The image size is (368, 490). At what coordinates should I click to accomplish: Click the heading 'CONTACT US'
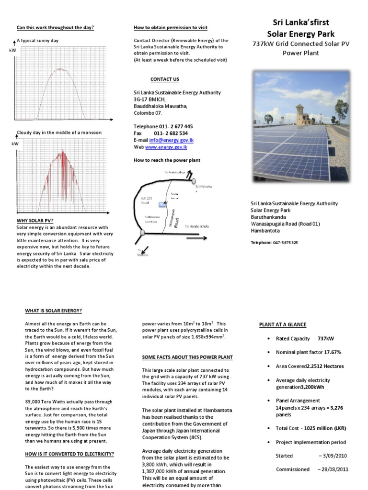point(164,79)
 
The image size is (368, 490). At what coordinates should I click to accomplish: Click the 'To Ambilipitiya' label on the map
point(174,172)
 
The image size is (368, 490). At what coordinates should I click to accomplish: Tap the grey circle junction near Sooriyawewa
point(193,181)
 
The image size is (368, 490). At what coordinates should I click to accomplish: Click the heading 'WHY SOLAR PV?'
point(35,221)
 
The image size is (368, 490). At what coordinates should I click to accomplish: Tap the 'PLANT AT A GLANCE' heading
point(282,324)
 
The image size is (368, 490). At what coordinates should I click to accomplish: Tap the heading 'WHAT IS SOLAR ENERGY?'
point(54,311)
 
